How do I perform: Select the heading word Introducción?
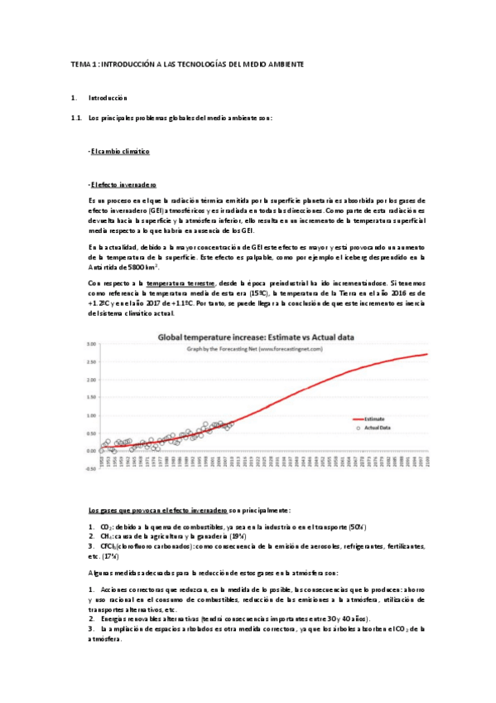[108, 98]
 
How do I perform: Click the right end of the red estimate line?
[426, 354]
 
